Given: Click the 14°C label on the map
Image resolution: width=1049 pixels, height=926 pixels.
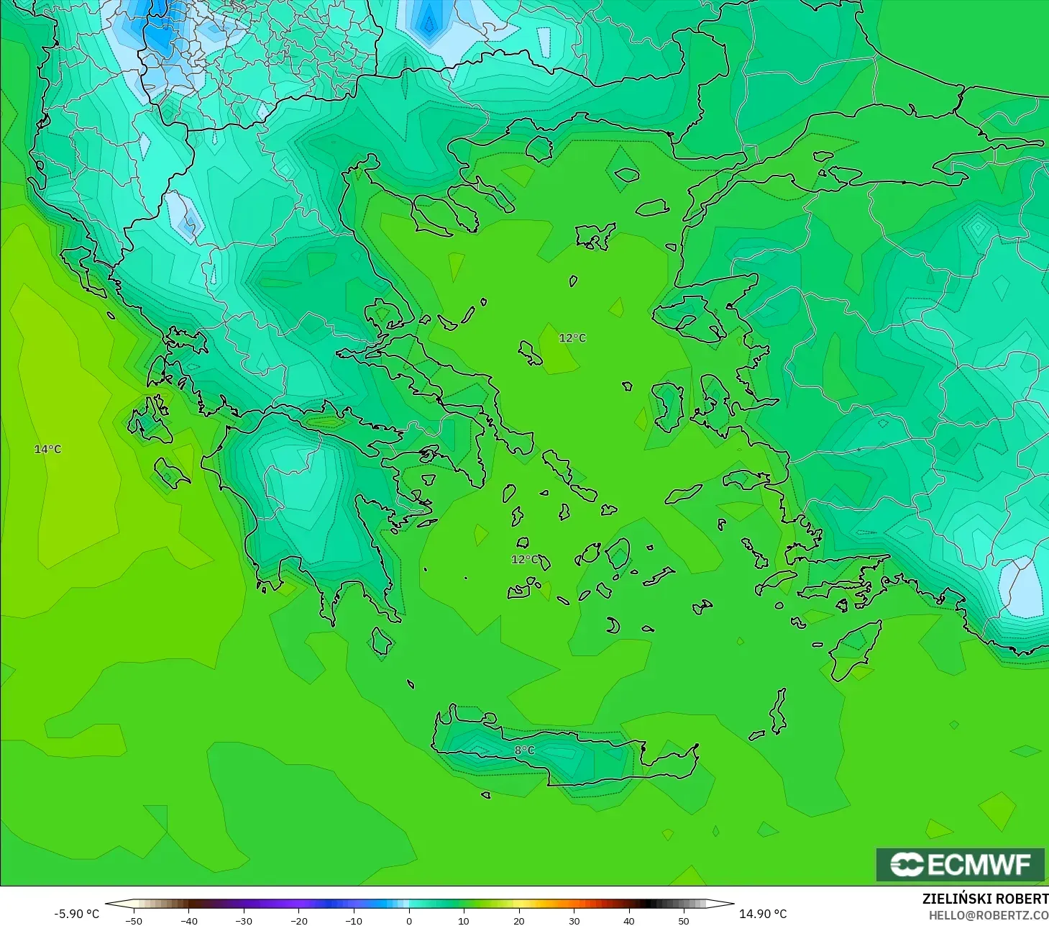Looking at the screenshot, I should [x=48, y=450].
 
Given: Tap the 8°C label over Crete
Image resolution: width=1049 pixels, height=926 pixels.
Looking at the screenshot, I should [x=524, y=750].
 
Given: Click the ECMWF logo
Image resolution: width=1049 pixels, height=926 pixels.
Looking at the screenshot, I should [x=960, y=864].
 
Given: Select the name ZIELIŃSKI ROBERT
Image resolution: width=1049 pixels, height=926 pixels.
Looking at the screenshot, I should [x=985, y=899].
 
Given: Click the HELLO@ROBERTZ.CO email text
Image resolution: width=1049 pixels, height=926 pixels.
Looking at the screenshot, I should [x=988, y=915].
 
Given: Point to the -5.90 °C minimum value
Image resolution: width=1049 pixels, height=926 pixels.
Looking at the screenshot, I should [x=76, y=914].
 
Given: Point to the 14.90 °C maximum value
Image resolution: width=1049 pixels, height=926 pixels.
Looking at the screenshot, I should [x=763, y=914].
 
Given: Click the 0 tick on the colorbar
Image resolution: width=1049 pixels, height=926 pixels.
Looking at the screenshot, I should [x=408, y=921].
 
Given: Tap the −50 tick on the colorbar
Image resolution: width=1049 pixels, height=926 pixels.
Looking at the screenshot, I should [x=134, y=921].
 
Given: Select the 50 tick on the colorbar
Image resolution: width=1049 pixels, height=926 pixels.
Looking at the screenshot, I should [x=683, y=921].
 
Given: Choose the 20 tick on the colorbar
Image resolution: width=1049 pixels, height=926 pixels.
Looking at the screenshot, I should [x=518, y=921].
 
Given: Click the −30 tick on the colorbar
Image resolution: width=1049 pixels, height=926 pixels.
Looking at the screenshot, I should [x=244, y=921].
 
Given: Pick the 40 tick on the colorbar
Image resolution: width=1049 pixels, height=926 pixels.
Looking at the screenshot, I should [x=628, y=921].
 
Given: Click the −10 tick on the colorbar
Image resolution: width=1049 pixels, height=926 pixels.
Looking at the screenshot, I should [x=353, y=921].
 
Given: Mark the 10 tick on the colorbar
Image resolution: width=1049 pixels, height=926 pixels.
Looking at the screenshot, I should [x=464, y=921].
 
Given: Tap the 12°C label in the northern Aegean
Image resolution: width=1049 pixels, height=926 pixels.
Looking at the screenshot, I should [x=572, y=338].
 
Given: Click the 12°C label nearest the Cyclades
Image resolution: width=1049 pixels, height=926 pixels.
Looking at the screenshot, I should [x=524, y=560].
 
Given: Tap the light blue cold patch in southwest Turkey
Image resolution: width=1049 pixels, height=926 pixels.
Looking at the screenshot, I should [x=1021, y=587].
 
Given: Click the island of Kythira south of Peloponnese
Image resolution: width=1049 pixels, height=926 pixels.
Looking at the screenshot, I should [x=382, y=640].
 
